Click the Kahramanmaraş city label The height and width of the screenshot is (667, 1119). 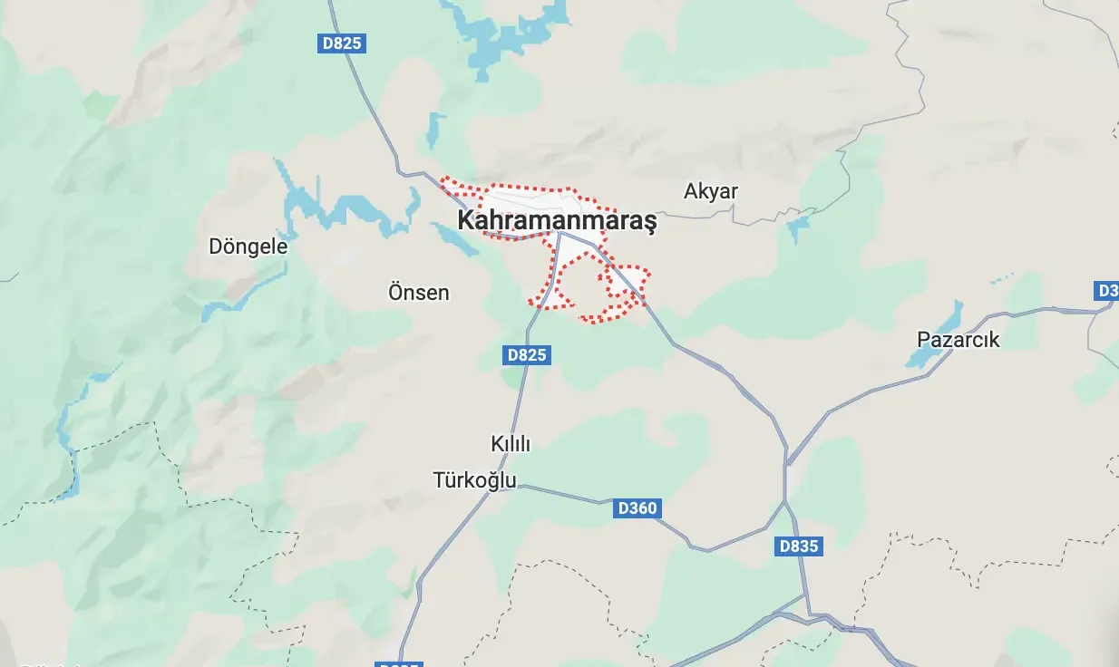coord(556,221)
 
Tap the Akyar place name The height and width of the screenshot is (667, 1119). coord(711,191)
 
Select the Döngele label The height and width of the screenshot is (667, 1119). coord(248,246)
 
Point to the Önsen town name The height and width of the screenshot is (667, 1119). coord(418,293)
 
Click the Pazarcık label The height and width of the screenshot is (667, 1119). coord(958,340)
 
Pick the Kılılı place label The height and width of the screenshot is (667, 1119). coord(510,444)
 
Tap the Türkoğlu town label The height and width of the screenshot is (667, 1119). coord(474,479)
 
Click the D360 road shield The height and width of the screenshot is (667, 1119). coord(637,508)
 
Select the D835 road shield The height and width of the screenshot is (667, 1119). coord(799,546)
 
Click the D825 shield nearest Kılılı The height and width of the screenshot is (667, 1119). coord(527,354)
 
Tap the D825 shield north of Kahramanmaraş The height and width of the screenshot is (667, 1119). coord(342,43)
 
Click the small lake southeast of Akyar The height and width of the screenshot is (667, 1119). coord(798,227)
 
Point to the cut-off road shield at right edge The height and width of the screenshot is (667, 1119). coord(1107,291)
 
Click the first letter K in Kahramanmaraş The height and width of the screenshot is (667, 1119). coord(465,221)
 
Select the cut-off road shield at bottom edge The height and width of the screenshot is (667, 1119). coord(398,663)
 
